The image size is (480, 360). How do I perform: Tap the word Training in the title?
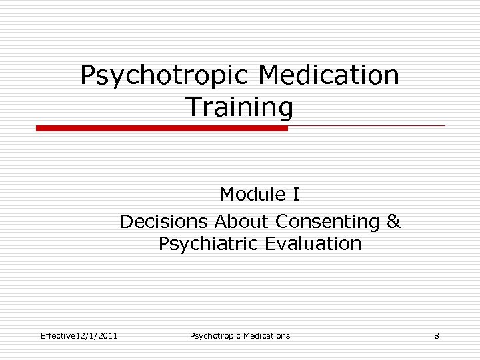tap(239, 106)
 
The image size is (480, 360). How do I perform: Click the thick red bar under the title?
tap(162, 128)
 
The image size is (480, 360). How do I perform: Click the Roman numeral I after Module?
tap(296, 195)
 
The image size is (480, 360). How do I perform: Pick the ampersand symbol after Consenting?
tap(393, 221)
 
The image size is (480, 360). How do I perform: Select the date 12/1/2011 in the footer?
tap(97, 335)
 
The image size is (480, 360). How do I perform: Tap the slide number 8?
tap(436, 335)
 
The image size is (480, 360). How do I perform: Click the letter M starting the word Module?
tap(227, 195)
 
